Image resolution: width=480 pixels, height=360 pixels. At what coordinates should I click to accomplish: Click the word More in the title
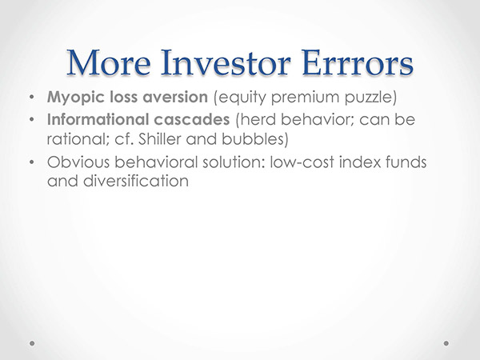point(109,62)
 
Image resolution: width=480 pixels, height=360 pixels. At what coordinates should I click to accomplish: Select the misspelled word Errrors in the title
point(358,62)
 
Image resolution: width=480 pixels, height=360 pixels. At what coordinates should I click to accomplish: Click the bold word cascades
point(192,119)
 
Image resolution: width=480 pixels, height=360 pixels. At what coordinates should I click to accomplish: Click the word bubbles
point(252,139)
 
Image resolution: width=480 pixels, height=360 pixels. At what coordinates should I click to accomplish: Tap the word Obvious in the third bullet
point(78,162)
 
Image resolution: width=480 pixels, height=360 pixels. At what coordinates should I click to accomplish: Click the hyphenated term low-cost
point(302,162)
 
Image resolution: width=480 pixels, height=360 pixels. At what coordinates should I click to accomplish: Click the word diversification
point(136,181)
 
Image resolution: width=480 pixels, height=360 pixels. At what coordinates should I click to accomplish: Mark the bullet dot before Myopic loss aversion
point(31,98)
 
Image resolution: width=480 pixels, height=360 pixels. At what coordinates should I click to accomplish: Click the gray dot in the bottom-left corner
point(32,343)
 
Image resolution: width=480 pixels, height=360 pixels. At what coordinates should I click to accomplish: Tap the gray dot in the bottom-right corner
point(446,343)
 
